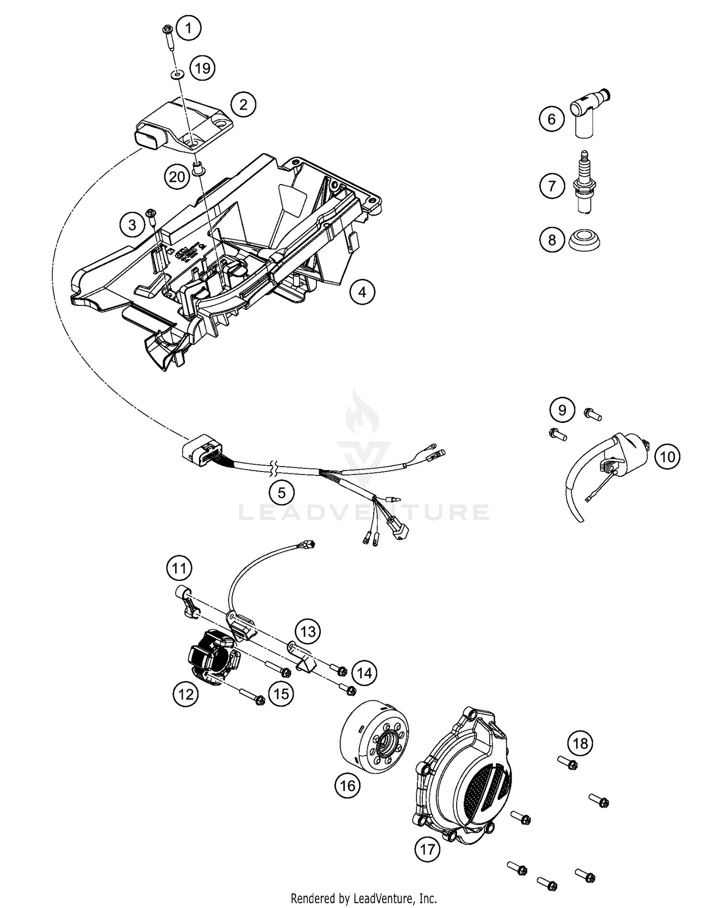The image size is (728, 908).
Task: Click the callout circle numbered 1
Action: tap(189, 28)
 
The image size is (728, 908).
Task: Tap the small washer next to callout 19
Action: tap(178, 74)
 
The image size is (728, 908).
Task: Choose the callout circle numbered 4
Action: tap(362, 292)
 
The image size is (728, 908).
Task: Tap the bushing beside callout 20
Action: tap(198, 168)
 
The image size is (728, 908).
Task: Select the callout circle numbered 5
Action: tap(282, 493)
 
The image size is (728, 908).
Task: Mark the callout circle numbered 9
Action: tap(562, 410)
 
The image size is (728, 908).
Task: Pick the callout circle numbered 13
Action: tap(308, 632)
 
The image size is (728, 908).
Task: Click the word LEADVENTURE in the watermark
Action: tap(364, 512)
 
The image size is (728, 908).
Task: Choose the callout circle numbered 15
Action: tap(281, 694)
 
